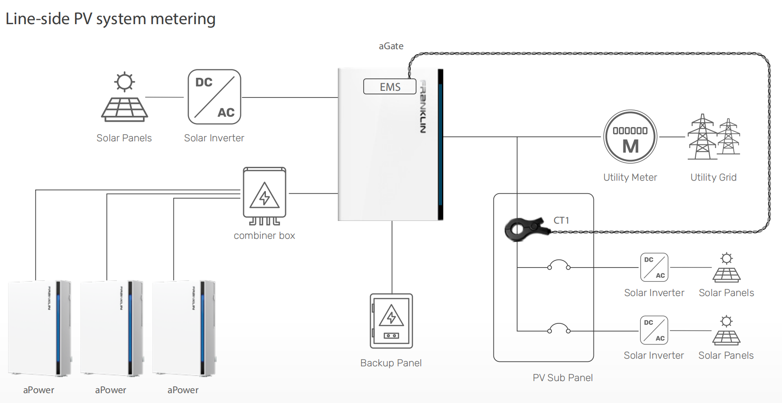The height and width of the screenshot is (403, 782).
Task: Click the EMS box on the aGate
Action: click(x=390, y=87)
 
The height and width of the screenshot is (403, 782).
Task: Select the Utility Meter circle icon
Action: click(x=630, y=137)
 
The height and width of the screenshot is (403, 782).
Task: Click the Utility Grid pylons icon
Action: click(x=713, y=137)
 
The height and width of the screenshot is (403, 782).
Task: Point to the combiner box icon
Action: click(x=265, y=196)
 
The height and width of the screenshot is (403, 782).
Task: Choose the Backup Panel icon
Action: click(x=391, y=321)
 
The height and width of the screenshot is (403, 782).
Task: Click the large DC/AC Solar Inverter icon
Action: click(x=214, y=97)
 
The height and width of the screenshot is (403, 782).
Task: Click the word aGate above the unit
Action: click(x=391, y=46)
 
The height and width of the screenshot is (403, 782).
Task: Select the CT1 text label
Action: click(x=561, y=221)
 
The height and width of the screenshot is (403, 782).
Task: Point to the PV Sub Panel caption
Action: click(x=563, y=378)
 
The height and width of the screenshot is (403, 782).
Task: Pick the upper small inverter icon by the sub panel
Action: click(x=654, y=267)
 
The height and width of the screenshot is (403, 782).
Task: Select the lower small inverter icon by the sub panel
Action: click(x=654, y=331)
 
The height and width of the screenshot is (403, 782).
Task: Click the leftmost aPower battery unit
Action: click(x=39, y=328)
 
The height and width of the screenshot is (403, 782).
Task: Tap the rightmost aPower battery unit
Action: click(x=184, y=328)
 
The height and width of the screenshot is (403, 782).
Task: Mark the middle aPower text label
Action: click(x=111, y=390)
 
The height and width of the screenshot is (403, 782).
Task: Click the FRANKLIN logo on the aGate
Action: click(x=423, y=106)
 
